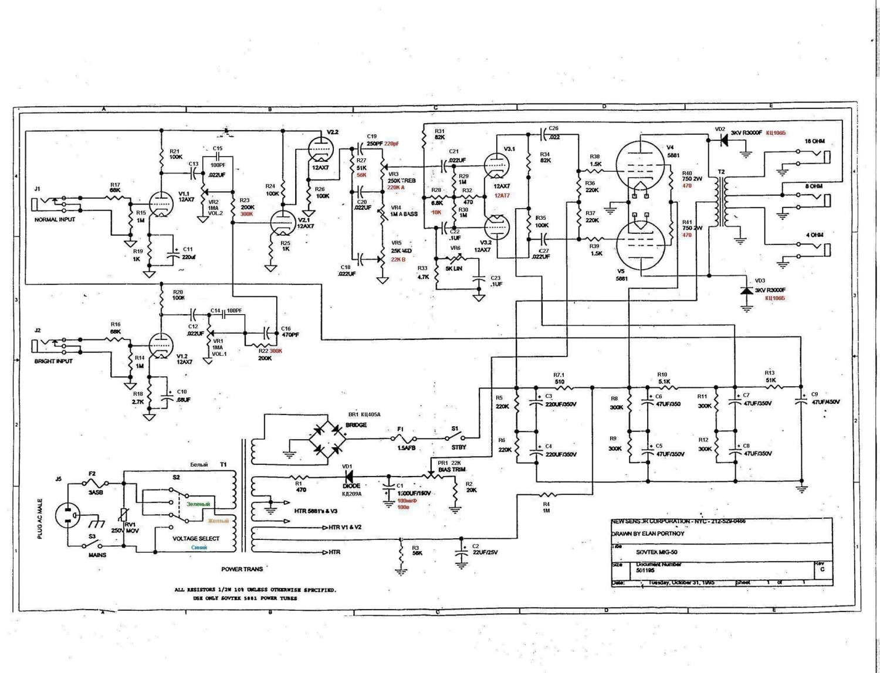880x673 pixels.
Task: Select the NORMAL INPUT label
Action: click(56, 219)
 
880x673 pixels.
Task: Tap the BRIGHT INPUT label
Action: click(54, 361)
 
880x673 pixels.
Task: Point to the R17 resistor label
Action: click(115, 185)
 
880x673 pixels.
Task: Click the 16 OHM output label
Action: click(814, 141)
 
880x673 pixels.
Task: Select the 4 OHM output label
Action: click(814, 235)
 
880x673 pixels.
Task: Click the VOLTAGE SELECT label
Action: click(196, 538)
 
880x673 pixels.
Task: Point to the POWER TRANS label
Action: click(242, 569)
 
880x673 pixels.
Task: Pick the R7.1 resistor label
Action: click(559, 375)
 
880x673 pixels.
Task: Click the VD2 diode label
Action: click(720, 129)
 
